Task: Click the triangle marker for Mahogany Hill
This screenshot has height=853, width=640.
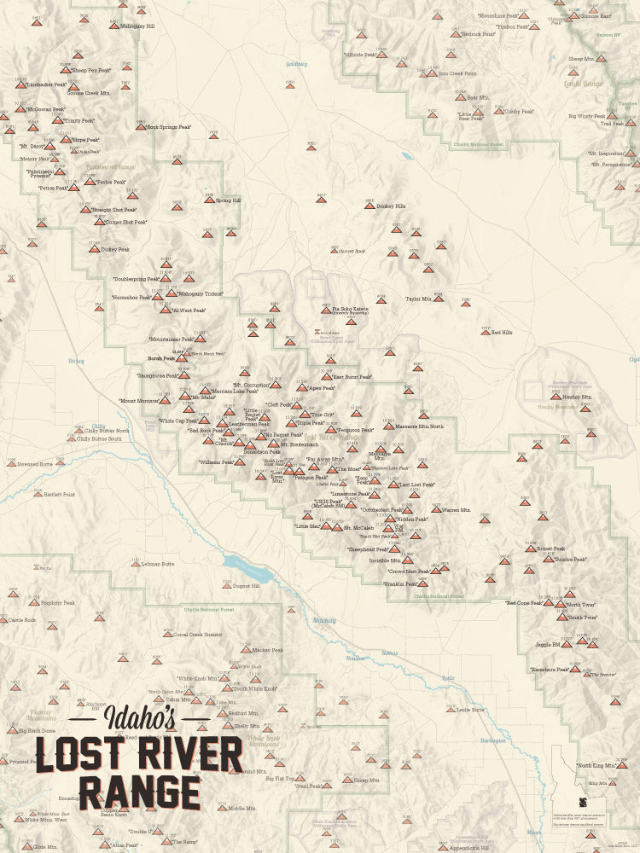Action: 114,26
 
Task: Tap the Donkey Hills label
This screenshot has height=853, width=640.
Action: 390,206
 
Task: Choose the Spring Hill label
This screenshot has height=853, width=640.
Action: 229,201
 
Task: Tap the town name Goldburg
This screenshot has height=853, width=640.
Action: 297,64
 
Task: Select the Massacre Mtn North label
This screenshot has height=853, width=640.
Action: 419,426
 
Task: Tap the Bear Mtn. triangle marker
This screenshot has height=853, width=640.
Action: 461,97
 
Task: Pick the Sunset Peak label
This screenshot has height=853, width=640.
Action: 550,548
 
